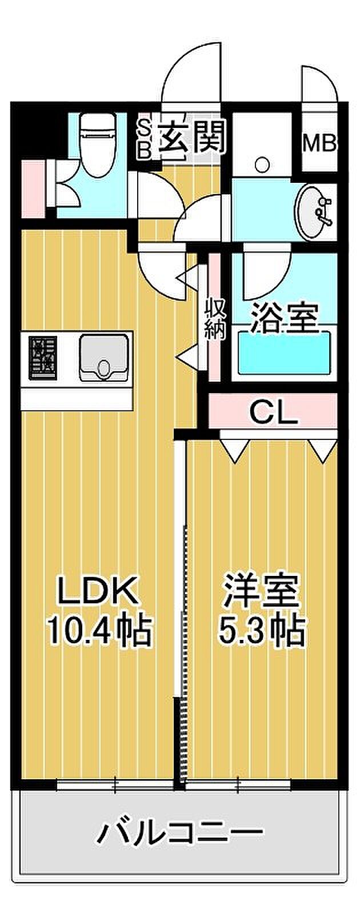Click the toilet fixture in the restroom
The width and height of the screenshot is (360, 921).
point(98,143)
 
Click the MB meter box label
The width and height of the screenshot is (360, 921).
point(319,143)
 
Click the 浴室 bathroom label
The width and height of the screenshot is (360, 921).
point(284,318)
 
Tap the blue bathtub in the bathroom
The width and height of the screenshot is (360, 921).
point(284,352)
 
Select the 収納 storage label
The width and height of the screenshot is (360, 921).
point(215,318)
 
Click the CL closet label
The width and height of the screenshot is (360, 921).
point(274,412)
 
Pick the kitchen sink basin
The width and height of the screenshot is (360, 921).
point(104,357)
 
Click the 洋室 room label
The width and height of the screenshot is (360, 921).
point(261,592)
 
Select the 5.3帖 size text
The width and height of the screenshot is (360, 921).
point(261,630)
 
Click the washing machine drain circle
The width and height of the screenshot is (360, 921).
point(262,165)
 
